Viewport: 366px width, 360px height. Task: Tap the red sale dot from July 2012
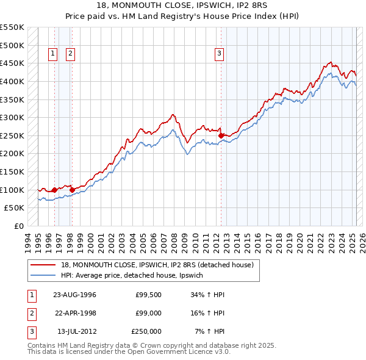[x=221, y=135]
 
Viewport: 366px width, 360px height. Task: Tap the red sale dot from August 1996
[x=55, y=190]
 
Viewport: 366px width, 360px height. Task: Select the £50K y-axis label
[x=15, y=208]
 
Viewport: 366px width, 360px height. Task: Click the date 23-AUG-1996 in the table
[x=74, y=294]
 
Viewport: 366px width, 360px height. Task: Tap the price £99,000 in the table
[x=148, y=313]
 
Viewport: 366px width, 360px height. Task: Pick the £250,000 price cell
[x=146, y=331]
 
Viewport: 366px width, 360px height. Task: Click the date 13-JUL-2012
[x=76, y=331]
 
